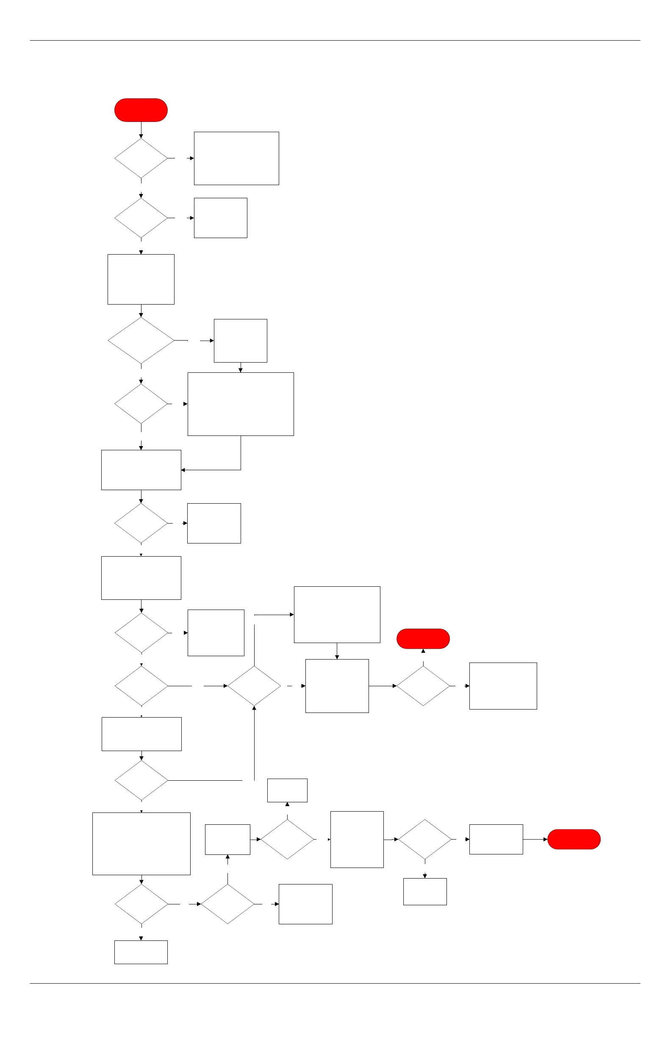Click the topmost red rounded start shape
141,110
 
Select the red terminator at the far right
574,839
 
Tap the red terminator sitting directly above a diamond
423,638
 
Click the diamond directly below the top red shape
141,158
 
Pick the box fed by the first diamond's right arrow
236,158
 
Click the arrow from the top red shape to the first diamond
141,130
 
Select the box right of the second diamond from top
220,218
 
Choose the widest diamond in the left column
141,340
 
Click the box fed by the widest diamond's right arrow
240,340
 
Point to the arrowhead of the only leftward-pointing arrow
183,470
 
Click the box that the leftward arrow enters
141,470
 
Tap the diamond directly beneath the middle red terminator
423,686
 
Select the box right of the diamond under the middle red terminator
503,686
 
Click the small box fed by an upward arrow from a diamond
287,790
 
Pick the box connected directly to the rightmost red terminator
496,839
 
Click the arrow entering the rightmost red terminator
535,839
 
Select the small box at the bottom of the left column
141,952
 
